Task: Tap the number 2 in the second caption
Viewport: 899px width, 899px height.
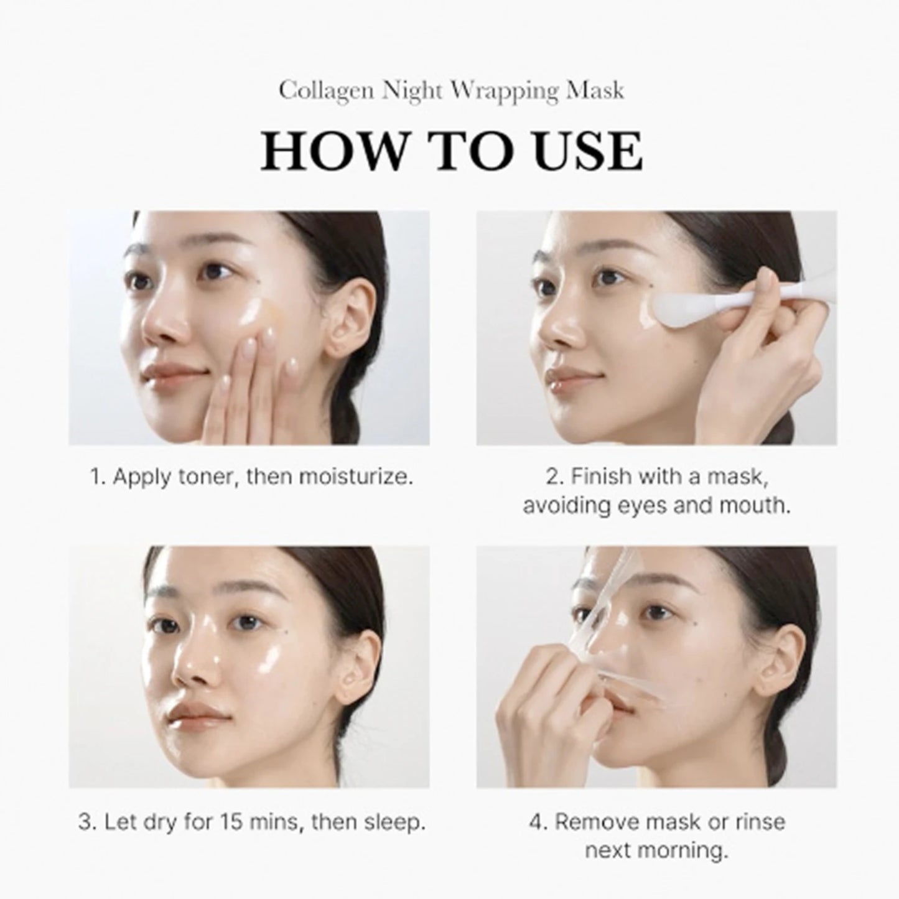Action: coord(553,477)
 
